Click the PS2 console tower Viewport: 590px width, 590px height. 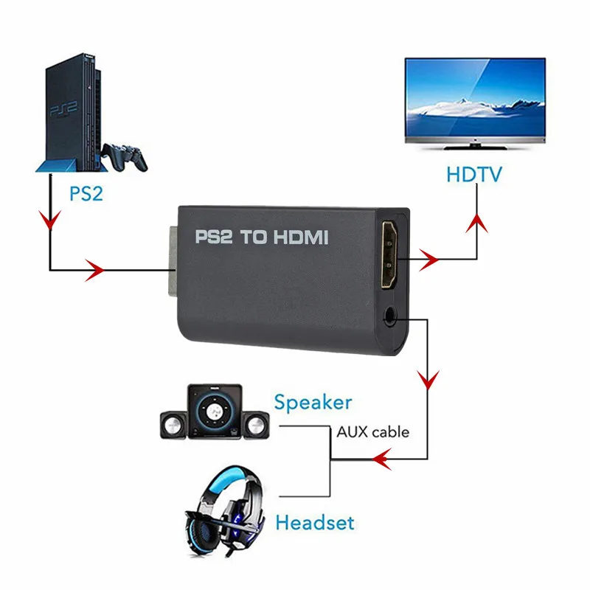click(x=69, y=111)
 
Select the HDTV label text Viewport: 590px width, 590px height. click(x=473, y=175)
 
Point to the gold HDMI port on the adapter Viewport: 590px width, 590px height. click(x=389, y=255)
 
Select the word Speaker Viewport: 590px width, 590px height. click(x=313, y=403)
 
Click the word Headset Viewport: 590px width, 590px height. click(x=314, y=524)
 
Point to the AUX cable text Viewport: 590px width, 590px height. click(x=372, y=431)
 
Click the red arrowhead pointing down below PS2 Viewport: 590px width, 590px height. click(x=49, y=222)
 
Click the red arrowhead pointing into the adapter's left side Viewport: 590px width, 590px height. click(x=95, y=271)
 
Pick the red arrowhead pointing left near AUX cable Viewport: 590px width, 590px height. click(x=381, y=461)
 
